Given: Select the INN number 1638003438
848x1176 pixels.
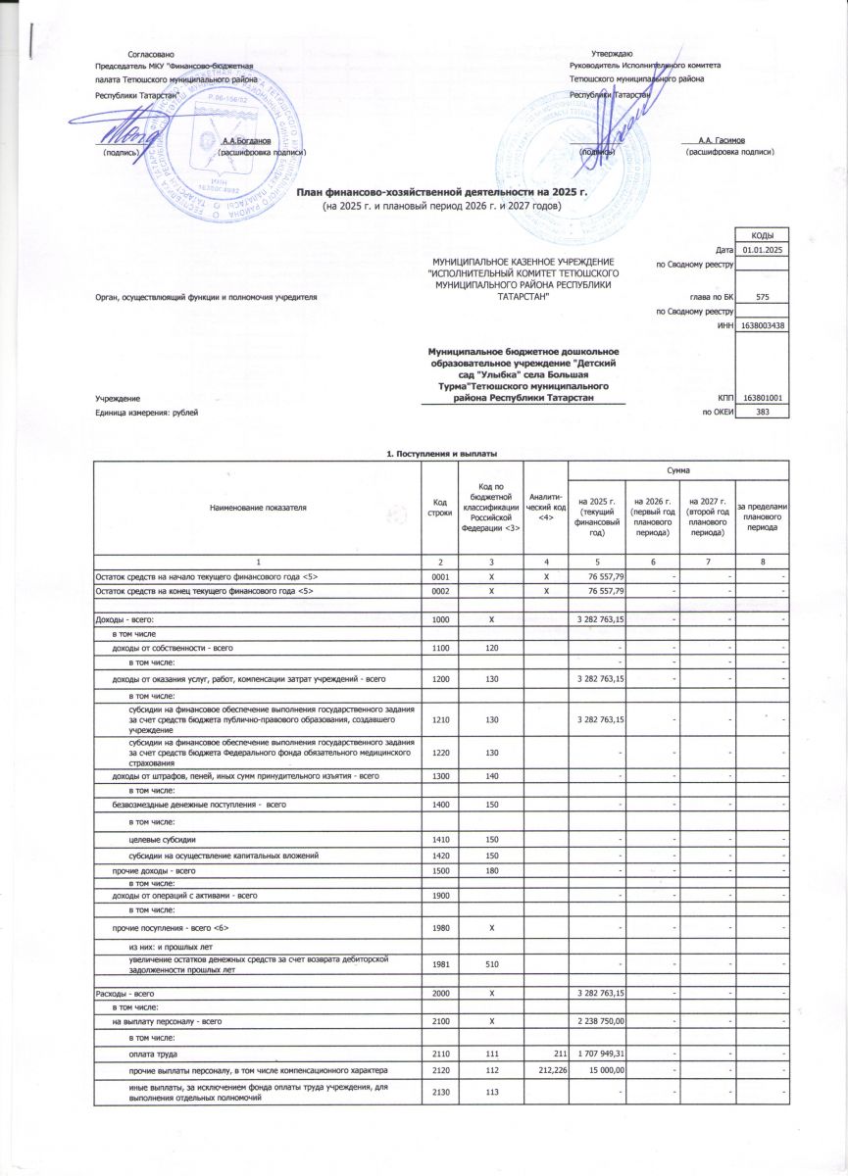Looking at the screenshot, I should pyautogui.click(x=763, y=325).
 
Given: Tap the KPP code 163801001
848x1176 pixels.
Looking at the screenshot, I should pyautogui.click(x=763, y=398).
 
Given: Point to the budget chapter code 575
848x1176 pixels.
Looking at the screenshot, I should pyautogui.click(x=763, y=295).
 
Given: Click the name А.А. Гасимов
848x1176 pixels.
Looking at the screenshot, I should pyautogui.click(x=723, y=141).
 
